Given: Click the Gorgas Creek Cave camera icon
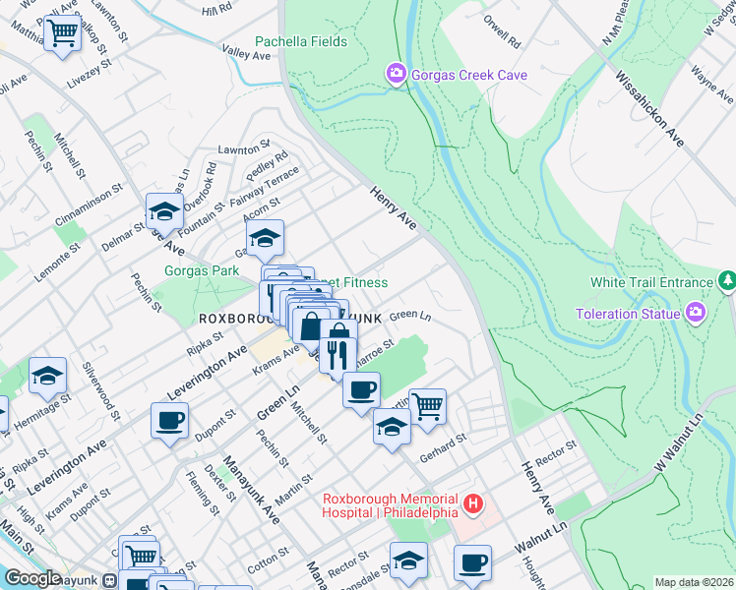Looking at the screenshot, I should [x=396, y=75].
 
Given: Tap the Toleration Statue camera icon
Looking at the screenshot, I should [x=696, y=314].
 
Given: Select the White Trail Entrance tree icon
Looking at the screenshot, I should [x=726, y=282].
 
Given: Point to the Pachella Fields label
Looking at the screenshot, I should [x=301, y=42].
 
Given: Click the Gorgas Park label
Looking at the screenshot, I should [x=202, y=270].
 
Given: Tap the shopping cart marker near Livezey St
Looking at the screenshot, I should [x=63, y=33].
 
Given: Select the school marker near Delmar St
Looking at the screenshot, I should [x=164, y=211].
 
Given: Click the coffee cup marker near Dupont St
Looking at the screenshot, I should [x=170, y=423].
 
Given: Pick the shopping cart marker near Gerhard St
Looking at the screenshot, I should [x=427, y=405].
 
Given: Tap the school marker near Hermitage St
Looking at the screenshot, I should [x=47, y=377].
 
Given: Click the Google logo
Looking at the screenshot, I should [x=31, y=578].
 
